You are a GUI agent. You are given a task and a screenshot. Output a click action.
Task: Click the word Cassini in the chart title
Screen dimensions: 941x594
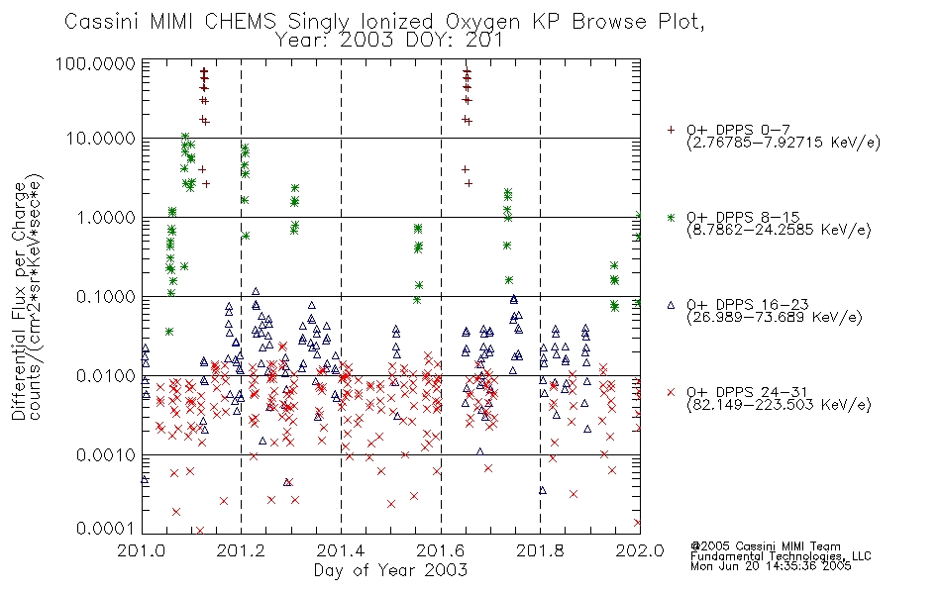(103, 22)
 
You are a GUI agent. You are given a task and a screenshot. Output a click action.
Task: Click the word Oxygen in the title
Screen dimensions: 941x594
(482, 23)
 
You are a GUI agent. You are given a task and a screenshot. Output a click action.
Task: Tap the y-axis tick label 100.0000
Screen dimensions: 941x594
(95, 63)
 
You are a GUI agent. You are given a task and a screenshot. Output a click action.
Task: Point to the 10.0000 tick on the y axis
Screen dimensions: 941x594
(101, 139)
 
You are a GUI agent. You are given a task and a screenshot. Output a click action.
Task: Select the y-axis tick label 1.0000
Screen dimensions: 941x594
(106, 217)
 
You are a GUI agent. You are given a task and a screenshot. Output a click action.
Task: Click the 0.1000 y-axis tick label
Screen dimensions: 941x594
(106, 296)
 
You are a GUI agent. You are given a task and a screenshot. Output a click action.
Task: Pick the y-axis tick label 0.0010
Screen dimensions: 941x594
(106, 455)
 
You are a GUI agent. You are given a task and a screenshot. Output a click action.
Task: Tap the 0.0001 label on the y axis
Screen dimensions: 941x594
(106, 529)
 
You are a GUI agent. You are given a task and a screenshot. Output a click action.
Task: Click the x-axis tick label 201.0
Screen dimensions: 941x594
(142, 550)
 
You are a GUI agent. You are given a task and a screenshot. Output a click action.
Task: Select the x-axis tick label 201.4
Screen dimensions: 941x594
(341, 550)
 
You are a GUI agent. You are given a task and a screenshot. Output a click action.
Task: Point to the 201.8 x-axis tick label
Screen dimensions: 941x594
(540, 550)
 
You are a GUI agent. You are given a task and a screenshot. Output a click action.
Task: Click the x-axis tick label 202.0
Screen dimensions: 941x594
(640, 550)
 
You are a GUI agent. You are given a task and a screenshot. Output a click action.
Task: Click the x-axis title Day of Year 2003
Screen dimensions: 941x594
(390, 570)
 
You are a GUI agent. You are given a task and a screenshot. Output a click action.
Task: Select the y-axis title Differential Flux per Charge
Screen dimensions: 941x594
(20, 301)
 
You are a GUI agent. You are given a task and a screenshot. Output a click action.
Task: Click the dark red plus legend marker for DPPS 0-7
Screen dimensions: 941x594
(671, 130)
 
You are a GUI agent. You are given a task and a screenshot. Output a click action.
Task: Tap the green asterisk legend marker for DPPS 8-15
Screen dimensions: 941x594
(671, 217)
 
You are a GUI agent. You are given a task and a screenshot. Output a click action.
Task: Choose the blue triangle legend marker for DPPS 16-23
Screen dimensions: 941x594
(671, 305)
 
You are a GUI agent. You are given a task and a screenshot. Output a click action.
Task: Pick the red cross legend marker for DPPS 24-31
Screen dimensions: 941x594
(671, 392)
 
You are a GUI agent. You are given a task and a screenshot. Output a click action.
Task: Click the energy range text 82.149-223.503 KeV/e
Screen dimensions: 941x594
(779, 405)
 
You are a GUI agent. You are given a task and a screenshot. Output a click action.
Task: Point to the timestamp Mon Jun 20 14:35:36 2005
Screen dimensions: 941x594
(771, 566)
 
